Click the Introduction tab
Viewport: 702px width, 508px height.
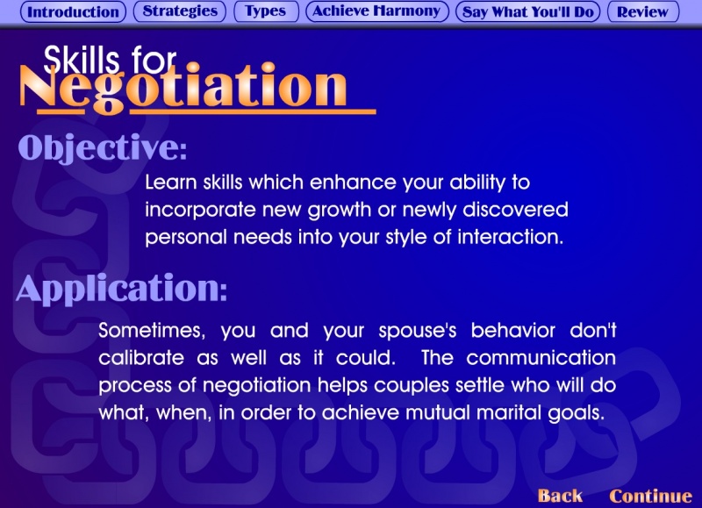coord(73,11)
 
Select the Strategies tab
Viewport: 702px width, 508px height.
coord(180,11)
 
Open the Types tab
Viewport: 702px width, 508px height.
coord(266,11)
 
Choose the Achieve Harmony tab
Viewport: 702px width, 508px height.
coord(377,11)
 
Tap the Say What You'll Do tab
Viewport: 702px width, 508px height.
coord(528,11)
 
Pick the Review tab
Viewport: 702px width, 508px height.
coord(643,11)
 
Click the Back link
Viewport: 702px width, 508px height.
coord(560,496)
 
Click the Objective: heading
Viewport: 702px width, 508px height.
coord(103,147)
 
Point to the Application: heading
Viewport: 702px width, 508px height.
coord(122,289)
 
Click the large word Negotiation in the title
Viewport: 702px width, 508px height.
coord(183,87)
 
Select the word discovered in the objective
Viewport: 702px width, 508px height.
coord(515,210)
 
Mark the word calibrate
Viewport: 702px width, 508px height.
coord(141,358)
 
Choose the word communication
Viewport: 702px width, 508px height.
coord(541,358)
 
